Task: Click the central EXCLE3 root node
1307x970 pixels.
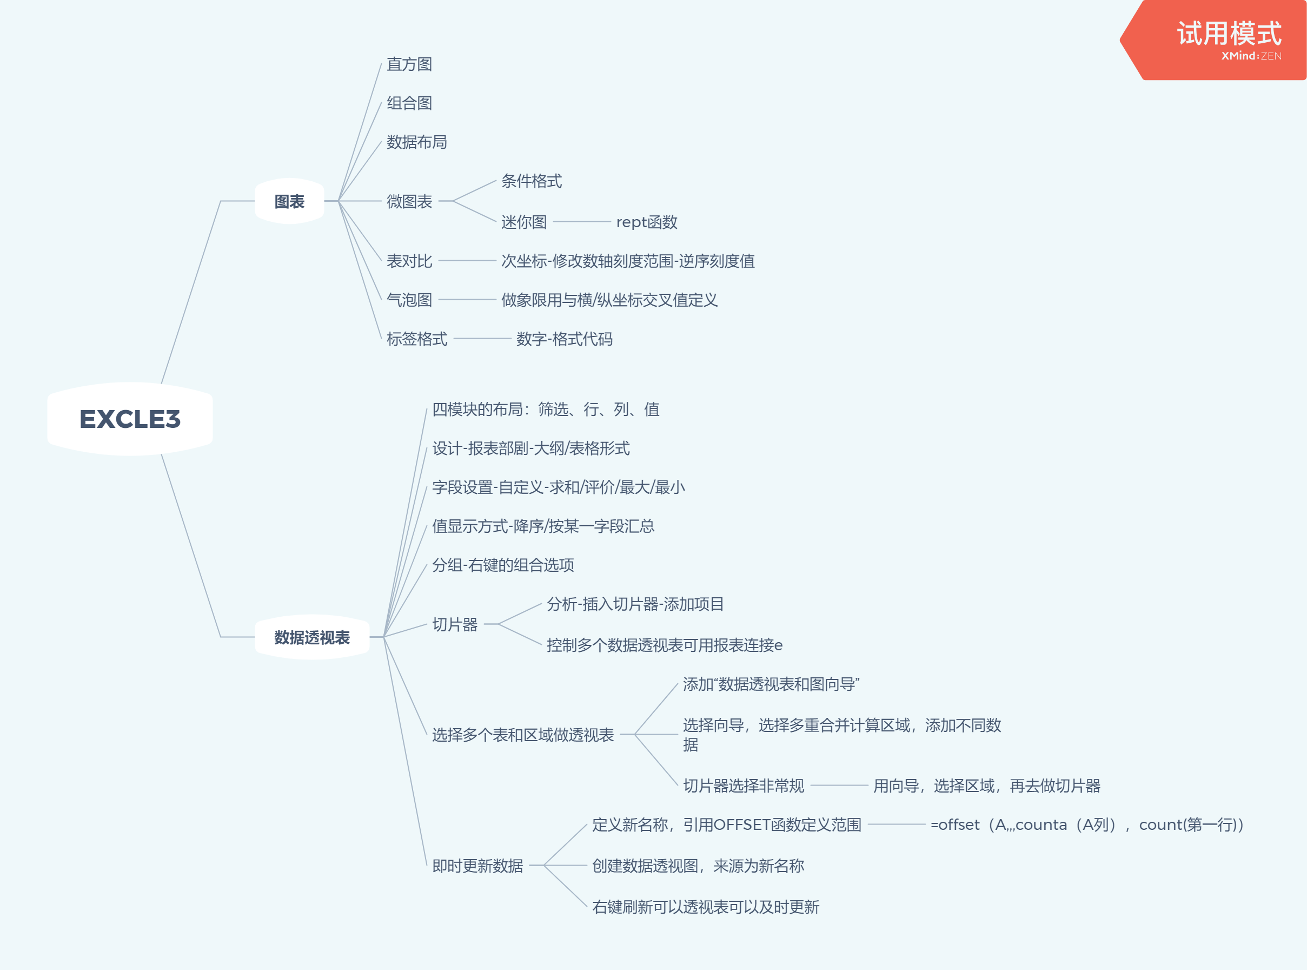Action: [x=130, y=419]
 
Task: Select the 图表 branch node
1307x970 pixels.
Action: [x=289, y=201]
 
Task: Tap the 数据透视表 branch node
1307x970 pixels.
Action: [x=311, y=637]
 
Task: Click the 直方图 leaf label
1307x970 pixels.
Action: [x=409, y=64]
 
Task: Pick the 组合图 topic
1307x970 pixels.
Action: [x=409, y=103]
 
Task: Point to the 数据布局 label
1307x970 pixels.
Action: [x=417, y=142]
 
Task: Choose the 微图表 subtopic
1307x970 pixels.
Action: [x=409, y=201]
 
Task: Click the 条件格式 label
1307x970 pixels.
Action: [x=531, y=181]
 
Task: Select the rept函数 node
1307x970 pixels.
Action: [x=647, y=222]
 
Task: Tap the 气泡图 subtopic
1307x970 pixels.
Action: [x=409, y=300]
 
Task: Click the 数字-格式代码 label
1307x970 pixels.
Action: [x=564, y=339]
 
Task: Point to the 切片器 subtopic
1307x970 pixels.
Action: [x=455, y=624]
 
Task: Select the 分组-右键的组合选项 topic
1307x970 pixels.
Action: [x=503, y=565]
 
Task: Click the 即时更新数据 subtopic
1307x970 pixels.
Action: [x=477, y=866]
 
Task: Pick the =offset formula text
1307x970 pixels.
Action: [x=1087, y=825]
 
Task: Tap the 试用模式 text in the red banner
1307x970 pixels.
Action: [x=1229, y=33]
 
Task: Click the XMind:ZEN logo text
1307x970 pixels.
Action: [x=1251, y=56]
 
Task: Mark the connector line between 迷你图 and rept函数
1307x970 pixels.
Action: [x=582, y=222]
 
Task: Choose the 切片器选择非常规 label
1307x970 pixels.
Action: [x=743, y=786]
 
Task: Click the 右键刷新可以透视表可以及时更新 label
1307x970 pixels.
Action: [x=706, y=907]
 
